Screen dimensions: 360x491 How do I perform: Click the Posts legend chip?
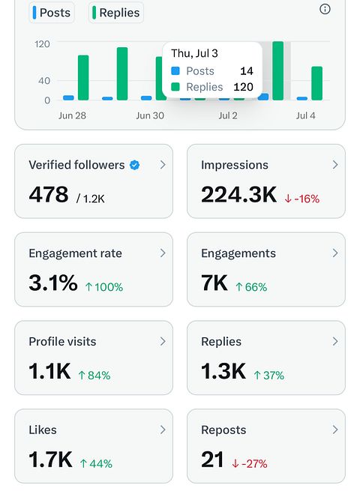52,13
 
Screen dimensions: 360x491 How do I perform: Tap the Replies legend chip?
116,13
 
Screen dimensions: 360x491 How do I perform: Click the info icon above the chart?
325,9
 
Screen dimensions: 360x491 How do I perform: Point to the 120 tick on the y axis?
42,43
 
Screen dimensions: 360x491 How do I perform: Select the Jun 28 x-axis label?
72,115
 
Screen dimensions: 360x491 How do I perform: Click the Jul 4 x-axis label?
305,115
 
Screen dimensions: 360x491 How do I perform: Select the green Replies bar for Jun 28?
83,78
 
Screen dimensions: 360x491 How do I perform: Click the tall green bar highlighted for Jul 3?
278,70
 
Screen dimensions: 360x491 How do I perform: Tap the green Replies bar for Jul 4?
316,83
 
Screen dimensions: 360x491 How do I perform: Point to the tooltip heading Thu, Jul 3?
194,53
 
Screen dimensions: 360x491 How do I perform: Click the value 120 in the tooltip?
243,87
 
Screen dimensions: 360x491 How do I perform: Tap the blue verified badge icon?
135,165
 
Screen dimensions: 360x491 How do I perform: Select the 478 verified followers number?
49,194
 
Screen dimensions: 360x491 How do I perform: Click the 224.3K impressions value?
238,194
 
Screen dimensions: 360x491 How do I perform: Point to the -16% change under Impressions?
302,199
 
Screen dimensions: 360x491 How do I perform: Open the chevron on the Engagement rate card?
163,253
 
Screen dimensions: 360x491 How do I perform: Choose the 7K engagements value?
214,283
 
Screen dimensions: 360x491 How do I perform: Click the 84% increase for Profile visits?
94,375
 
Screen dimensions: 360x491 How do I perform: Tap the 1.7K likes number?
50,459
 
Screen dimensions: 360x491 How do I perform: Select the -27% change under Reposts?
250,463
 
